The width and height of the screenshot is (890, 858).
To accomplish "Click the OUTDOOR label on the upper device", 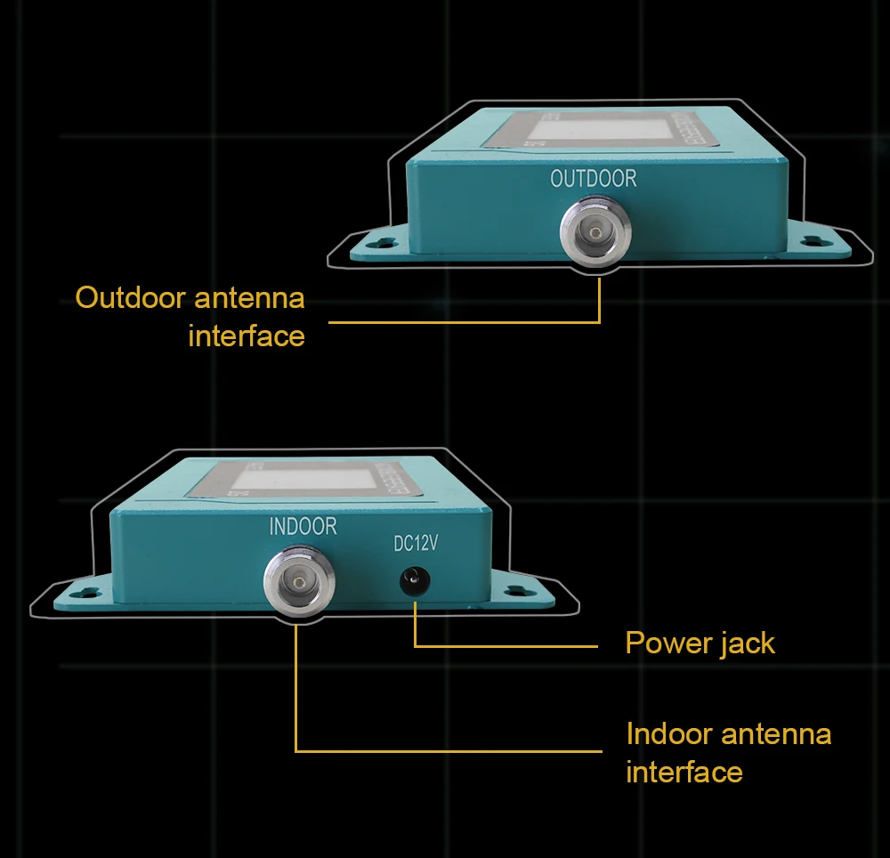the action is point(594,179).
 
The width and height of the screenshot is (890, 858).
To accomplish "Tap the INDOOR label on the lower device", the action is point(303,527).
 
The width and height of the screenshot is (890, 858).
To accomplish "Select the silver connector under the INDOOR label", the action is point(294,583).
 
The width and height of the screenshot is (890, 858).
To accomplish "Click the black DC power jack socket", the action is point(414,582).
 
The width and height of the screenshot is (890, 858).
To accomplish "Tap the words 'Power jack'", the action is point(700,643).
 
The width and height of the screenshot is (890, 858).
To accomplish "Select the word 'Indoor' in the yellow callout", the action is point(669,734).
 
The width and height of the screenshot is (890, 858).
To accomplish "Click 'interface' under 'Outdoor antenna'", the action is point(247,336).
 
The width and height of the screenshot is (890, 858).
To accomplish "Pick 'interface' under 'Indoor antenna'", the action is point(684,772).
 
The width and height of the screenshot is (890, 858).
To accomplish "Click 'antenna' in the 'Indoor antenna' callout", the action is point(776,734).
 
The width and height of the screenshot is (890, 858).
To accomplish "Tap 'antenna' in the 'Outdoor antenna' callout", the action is point(249,297).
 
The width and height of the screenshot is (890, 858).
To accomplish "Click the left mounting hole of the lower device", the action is point(82,591).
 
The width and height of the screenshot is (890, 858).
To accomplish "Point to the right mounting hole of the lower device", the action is point(514,590).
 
